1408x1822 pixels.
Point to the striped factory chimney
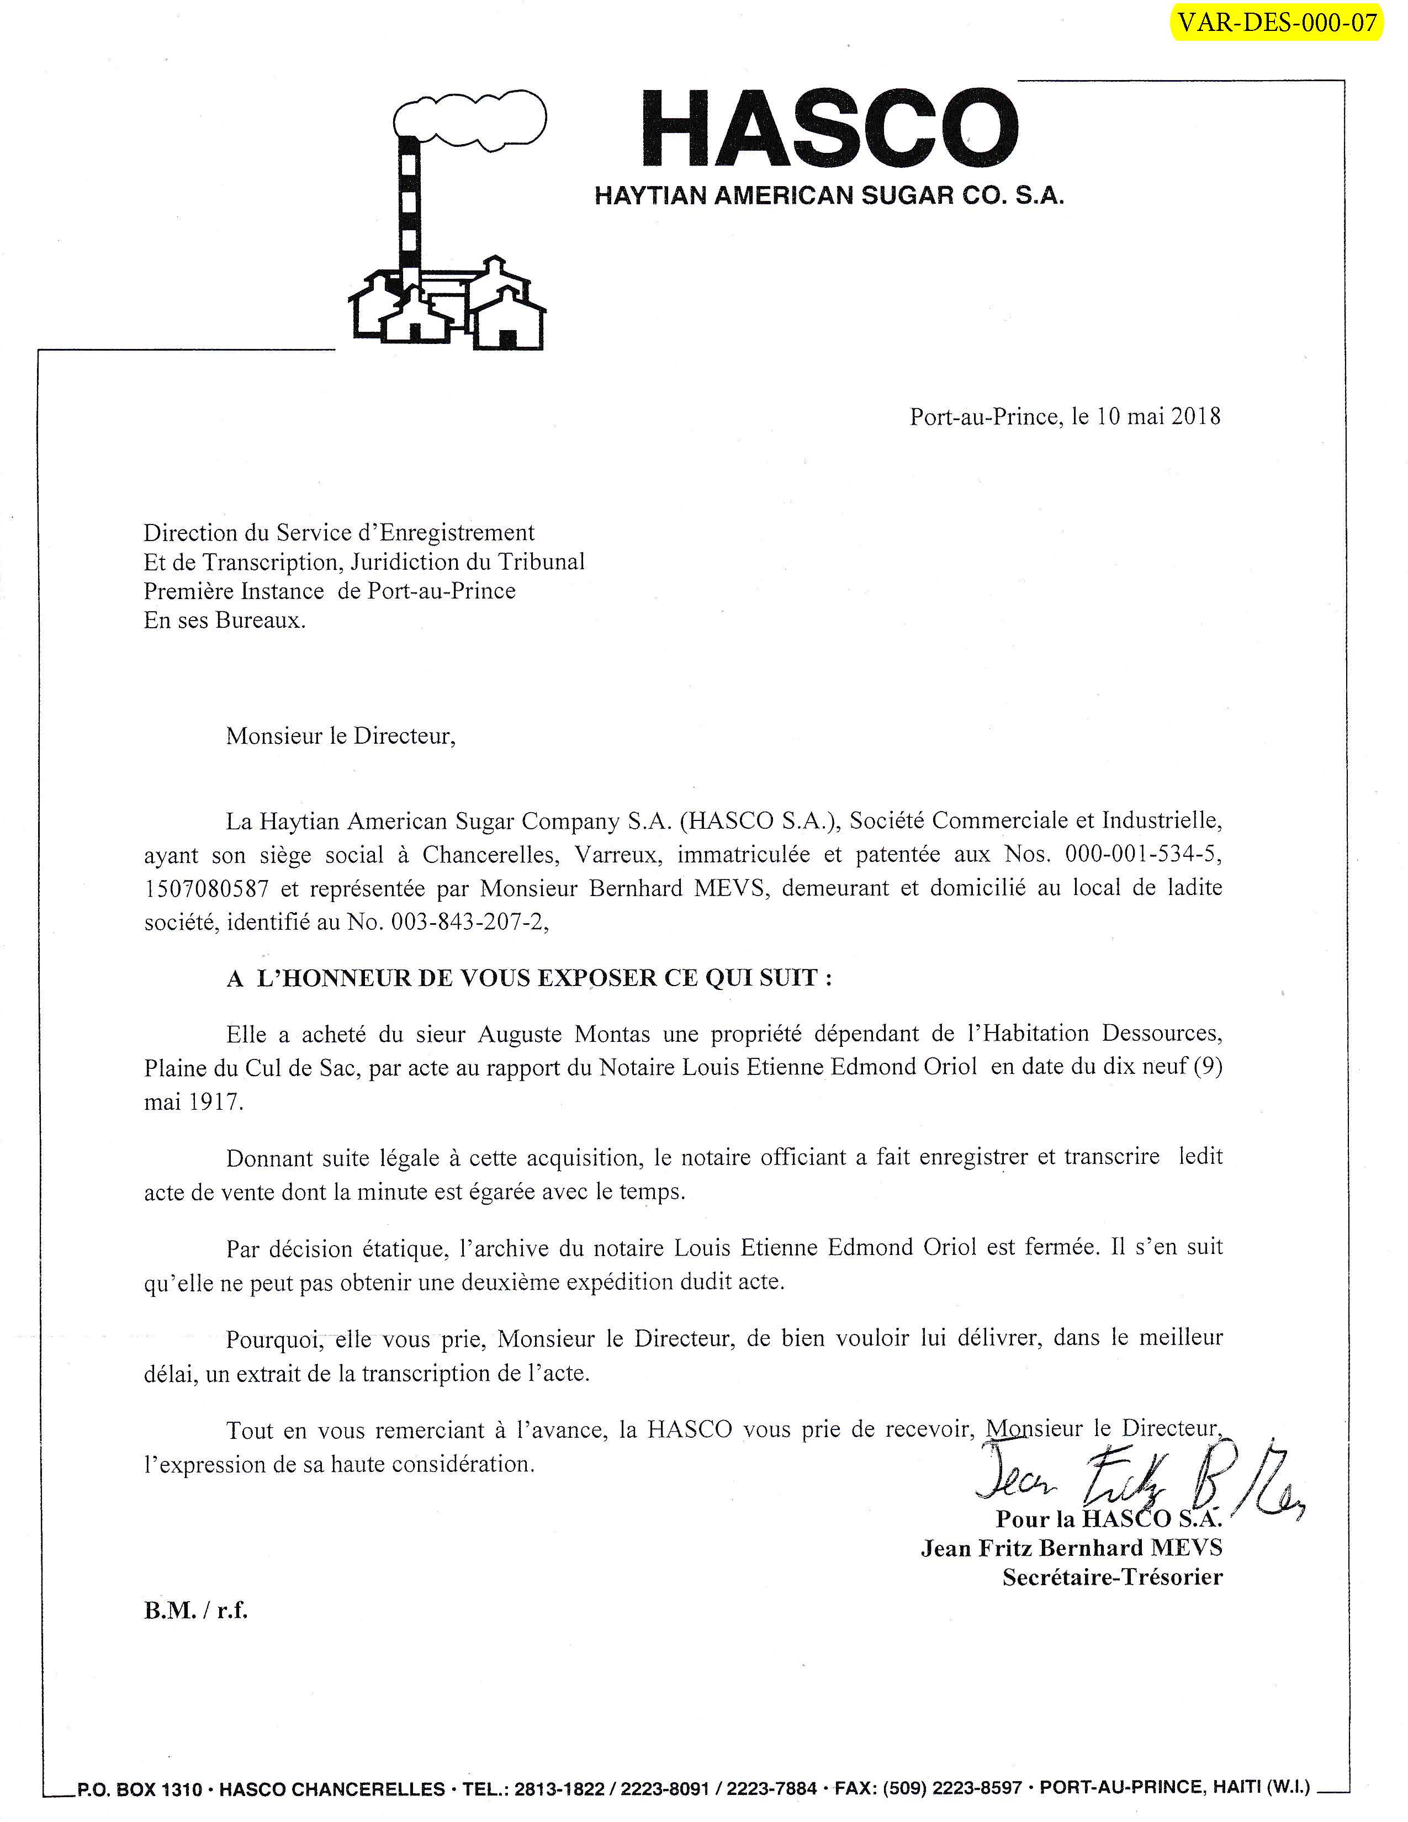point(409,217)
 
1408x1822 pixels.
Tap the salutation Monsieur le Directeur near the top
point(340,736)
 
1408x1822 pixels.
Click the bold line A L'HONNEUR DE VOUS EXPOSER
point(529,978)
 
